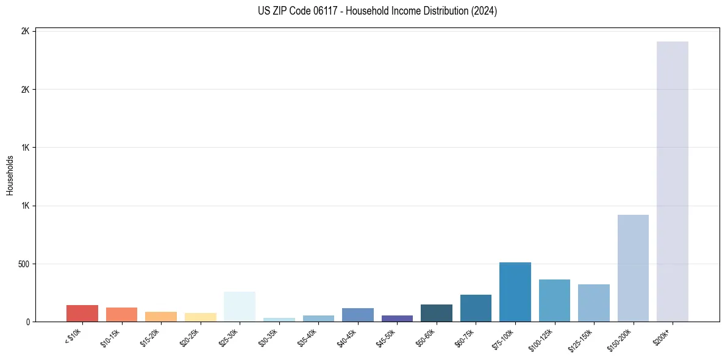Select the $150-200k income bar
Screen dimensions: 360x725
click(633, 268)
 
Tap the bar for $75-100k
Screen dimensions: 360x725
click(515, 292)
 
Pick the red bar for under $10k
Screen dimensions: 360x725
click(82, 314)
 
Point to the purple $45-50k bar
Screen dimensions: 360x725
click(397, 319)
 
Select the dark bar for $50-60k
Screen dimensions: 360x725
click(436, 313)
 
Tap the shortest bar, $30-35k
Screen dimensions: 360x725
click(279, 320)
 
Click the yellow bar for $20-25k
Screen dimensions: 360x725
click(200, 317)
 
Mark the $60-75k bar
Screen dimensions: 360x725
click(476, 308)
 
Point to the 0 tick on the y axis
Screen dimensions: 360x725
click(28, 322)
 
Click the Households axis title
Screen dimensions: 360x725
click(10, 176)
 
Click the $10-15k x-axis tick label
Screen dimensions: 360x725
click(110, 337)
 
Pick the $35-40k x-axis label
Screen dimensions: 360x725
click(308, 337)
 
